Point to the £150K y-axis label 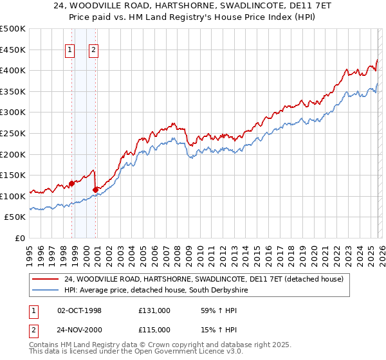point(13,175)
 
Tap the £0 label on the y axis point(19,238)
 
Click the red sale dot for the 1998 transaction point(71,183)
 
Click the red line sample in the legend point(46,279)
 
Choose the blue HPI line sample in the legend point(46,290)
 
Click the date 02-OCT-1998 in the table point(80,310)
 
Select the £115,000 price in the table point(154,329)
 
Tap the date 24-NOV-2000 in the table point(80,329)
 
